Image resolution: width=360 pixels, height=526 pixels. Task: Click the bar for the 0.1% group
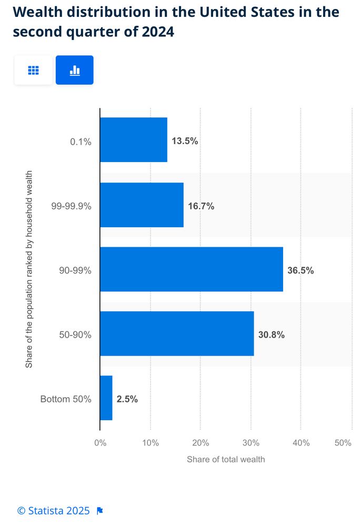coord(134,140)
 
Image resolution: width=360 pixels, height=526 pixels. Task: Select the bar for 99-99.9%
coord(142,205)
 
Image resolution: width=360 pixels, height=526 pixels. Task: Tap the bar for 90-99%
coord(191,269)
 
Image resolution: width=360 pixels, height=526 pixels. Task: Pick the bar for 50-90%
coord(177,333)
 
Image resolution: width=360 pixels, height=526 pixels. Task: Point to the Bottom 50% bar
coord(106,398)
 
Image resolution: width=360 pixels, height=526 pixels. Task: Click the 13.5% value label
coord(185,141)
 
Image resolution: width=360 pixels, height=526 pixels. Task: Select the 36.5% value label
coord(301,271)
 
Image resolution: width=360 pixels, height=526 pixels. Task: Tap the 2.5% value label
coord(127,399)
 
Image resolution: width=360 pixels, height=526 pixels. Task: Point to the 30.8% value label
coord(271,335)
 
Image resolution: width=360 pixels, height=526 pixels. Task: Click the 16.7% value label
coord(201,206)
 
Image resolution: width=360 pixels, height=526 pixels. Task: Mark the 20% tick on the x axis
coord(201,443)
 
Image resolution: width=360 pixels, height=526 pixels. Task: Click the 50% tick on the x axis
coord(343,443)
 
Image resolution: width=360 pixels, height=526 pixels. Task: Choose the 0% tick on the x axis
coord(100,443)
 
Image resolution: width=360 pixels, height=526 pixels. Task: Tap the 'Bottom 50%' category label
coord(66,399)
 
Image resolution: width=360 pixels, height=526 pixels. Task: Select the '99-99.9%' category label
coord(71,206)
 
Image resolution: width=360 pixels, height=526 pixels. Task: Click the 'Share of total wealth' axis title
coord(226,459)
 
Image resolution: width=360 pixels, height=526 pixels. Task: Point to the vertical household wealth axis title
coord(29,269)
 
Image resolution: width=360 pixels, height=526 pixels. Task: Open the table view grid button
coord(33,70)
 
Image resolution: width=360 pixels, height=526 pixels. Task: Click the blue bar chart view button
coord(75,70)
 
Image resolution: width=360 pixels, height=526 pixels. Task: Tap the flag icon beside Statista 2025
coord(100,511)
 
